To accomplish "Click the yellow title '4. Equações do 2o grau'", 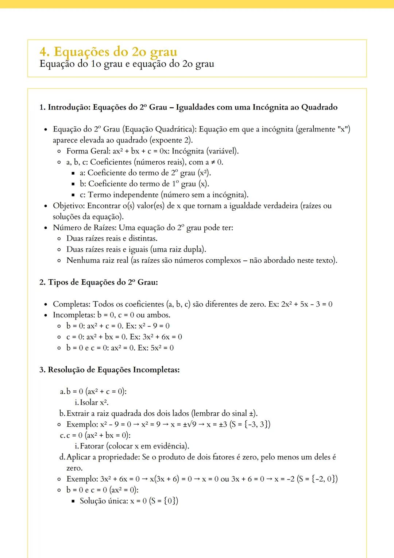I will (x=108, y=52).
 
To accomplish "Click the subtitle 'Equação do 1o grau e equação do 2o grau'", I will (x=127, y=64).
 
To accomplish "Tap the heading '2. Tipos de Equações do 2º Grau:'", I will (x=98, y=282).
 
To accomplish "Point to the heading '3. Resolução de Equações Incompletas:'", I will (x=109, y=370).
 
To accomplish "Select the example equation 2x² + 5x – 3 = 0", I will (x=306, y=304).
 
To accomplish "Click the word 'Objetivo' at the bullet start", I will (x=69, y=206).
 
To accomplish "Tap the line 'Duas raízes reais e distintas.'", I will (x=112, y=238).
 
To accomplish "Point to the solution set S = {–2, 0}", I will (x=317, y=479).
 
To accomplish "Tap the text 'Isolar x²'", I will (x=94, y=402).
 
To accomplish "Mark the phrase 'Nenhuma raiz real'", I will (x=97, y=260).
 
